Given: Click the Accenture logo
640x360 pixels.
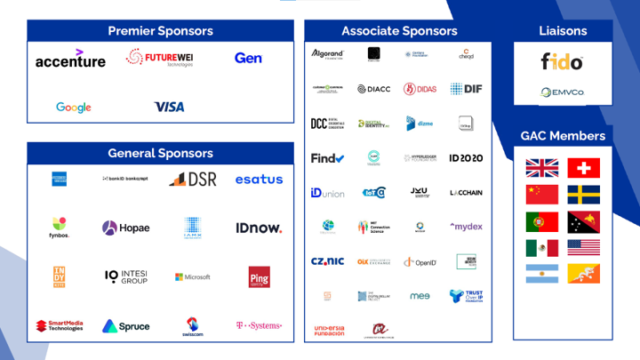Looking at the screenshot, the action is [70, 60].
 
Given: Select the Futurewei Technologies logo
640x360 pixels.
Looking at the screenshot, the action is [161, 60].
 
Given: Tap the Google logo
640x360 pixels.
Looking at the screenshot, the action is [74, 108].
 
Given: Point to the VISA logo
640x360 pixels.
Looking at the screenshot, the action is [169, 107].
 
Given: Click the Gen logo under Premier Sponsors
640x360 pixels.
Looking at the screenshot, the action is [248, 58].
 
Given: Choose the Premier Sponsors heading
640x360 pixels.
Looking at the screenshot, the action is [160, 31].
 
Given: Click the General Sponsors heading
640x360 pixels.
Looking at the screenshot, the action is [160, 153].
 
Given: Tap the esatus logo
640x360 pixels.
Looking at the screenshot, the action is [259, 180].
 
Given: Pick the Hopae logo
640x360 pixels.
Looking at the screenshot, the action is [125, 228].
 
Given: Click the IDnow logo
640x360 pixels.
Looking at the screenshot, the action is [259, 228].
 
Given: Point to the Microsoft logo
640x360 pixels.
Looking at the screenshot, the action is [192, 277].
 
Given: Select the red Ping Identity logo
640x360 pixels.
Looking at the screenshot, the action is [259, 276].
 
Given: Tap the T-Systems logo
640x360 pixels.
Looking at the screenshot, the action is [259, 326].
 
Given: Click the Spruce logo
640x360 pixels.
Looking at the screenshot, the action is [125, 326].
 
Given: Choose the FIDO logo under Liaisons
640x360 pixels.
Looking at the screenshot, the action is [563, 62].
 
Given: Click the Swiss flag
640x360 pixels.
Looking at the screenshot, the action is [583, 168].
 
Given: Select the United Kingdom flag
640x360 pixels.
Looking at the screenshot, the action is [542, 168].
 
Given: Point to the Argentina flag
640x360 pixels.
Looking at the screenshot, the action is [542, 274].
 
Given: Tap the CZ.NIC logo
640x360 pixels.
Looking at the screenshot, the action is [327, 261].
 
